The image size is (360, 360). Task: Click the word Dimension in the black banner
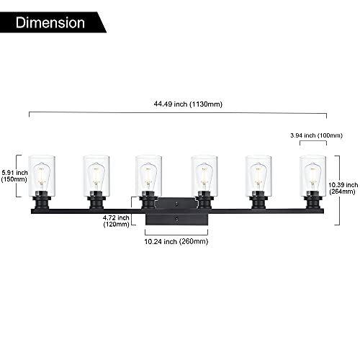click(x=50, y=23)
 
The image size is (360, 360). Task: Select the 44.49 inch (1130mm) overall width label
click(x=188, y=104)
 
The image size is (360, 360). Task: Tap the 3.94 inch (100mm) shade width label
click(x=316, y=135)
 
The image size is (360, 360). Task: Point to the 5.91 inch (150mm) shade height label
click(x=14, y=176)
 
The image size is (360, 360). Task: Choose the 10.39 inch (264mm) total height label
click(x=343, y=188)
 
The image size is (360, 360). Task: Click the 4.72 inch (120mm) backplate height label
click(x=116, y=221)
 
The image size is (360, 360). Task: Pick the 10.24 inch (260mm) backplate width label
click(x=176, y=241)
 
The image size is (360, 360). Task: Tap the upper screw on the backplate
click(x=177, y=204)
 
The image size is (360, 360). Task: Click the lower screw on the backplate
click(x=177, y=219)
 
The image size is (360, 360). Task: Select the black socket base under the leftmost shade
click(x=42, y=200)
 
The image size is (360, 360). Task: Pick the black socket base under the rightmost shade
click(x=313, y=200)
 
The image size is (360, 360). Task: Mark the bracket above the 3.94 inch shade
click(x=313, y=142)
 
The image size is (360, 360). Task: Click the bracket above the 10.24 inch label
click(x=176, y=235)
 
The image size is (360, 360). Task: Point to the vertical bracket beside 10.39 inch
click(x=339, y=190)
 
